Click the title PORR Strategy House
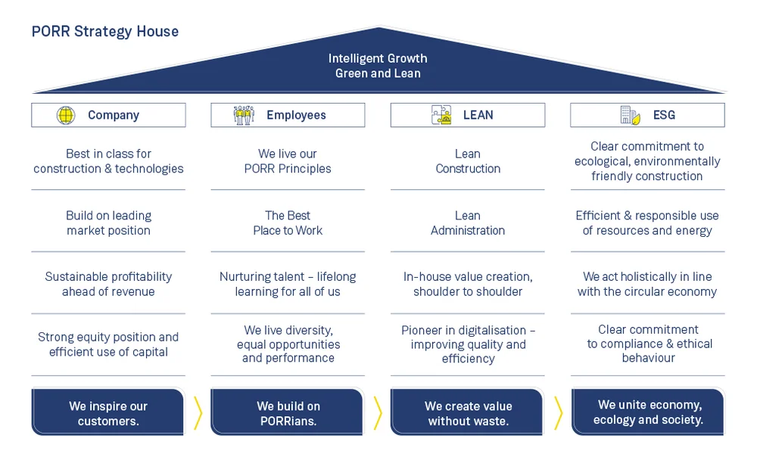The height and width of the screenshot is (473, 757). point(105,32)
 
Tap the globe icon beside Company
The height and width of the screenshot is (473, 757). point(66,115)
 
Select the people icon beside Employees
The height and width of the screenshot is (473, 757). point(244,115)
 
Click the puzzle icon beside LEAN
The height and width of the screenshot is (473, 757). point(441,115)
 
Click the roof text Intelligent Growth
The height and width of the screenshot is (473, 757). point(378,58)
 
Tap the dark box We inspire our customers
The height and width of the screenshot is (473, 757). point(108,413)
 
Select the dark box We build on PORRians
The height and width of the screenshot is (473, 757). point(288,413)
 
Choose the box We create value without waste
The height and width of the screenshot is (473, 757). point(468,413)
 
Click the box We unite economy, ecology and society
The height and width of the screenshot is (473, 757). point(648,412)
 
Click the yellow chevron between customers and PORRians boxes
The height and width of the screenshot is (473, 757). point(198,413)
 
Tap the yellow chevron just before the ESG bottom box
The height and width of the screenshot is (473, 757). point(558,413)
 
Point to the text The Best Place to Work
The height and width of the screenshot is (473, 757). point(288,222)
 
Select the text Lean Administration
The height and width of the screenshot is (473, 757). point(468,222)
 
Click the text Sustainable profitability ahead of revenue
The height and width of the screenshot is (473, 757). point(108,284)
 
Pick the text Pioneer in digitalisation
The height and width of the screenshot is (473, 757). point(468,331)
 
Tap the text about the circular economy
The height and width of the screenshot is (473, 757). point(647,284)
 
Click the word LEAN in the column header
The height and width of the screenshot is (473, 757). point(478,115)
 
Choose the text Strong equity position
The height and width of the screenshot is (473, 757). point(108,338)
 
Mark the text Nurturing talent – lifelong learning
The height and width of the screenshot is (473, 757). point(288,284)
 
